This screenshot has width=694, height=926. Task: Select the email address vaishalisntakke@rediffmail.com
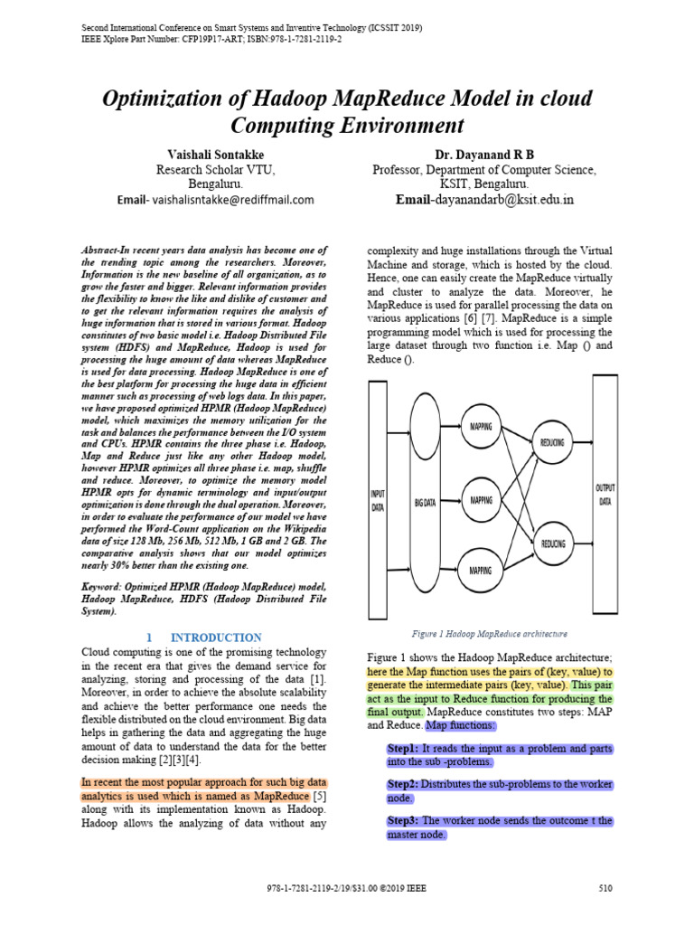tap(232, 199)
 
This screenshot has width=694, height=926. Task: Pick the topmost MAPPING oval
tap(481, 425)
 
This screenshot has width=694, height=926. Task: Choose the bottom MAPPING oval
tap(481, 570)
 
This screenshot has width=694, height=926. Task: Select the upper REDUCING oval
tap(552, 445)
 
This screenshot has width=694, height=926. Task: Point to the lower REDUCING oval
tap(553, 543)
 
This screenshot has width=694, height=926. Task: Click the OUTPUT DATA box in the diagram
tap(605, 494)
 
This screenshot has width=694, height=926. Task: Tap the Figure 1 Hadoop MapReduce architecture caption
tap(489, 633)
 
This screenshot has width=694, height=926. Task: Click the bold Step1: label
tap(402, 749)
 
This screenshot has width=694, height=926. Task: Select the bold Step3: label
tap(402, 820)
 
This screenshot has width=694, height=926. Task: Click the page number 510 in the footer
tap(605, 889)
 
